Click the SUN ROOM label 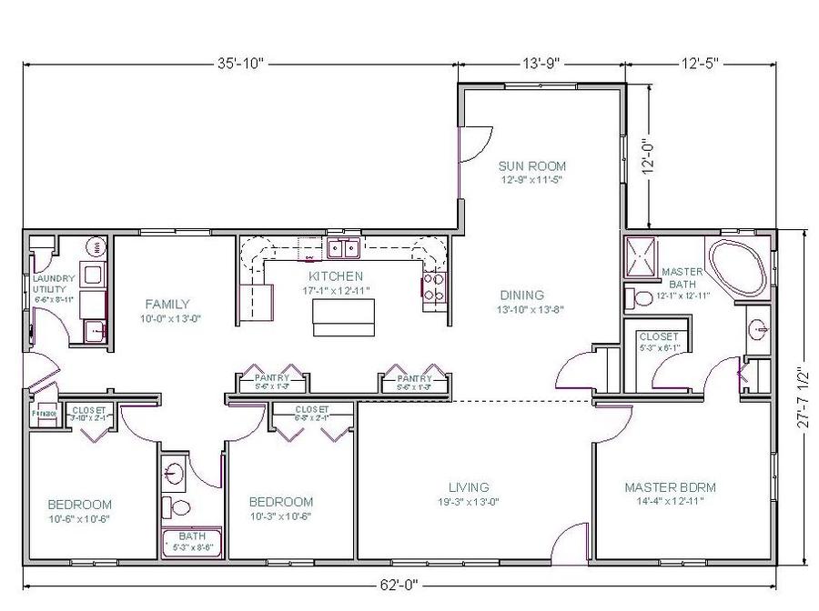[532, 166]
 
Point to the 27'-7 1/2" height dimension [801, 397]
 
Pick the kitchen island [342, 315]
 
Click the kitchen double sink [342, 246]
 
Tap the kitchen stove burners [433, 287]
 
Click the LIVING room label [469, 487]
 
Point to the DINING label [521, 295]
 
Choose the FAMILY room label [167, 304]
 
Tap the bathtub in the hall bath [192, 542]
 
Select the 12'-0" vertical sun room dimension [649, 155]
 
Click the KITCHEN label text [336, 275]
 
